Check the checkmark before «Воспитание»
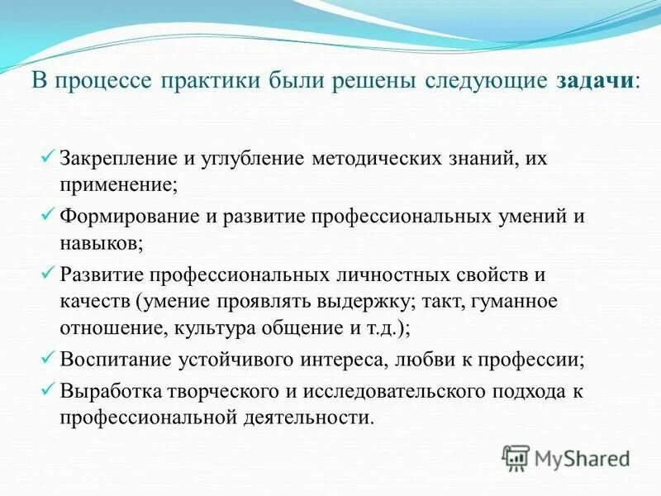click(x=48, y=358)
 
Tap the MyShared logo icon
click(x=516, y=457)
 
